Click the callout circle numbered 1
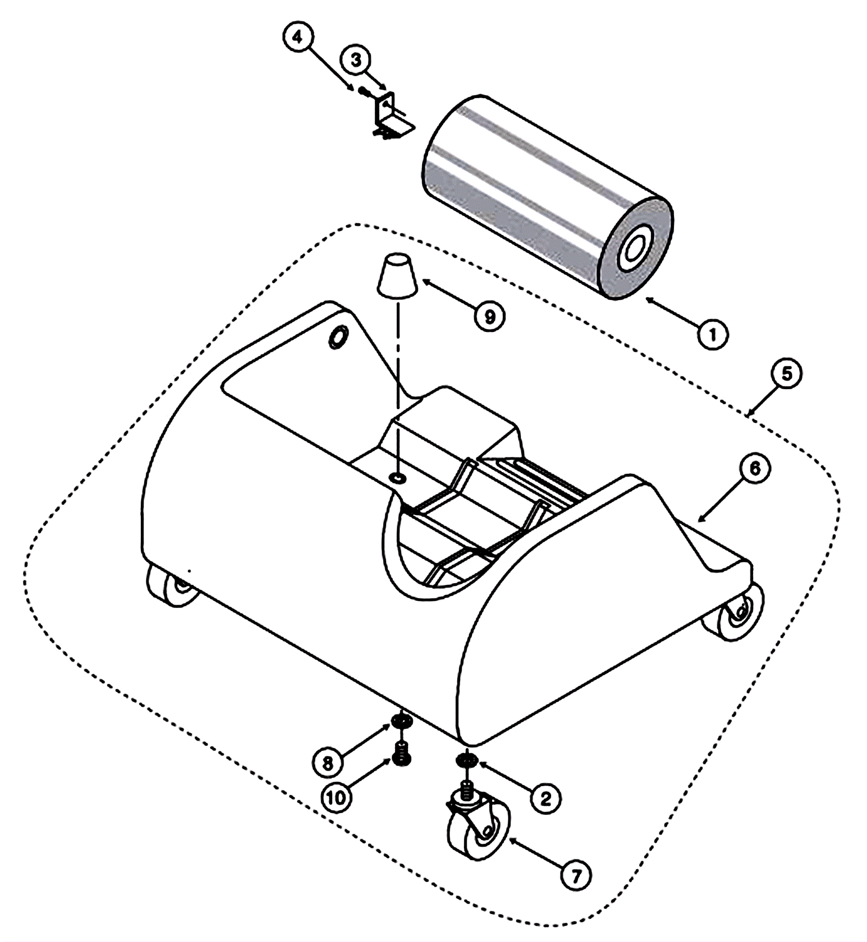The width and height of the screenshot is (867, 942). [713, 334]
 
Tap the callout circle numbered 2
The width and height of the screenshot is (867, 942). [546, 797]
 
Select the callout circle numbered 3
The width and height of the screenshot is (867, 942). [355, 60]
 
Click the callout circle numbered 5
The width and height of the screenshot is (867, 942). [786, 374]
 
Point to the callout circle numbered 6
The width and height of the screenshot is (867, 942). [755, 469]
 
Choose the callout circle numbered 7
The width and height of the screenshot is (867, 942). [576, 875]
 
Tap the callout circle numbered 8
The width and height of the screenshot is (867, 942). [327, 763]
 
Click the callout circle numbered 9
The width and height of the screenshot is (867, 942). [489, 316]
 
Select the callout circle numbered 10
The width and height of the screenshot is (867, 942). [336, 797]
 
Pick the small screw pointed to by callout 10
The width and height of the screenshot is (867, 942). [401, 754]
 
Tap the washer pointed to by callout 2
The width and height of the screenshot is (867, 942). [466, 761]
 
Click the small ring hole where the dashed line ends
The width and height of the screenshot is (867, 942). [398, 478]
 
